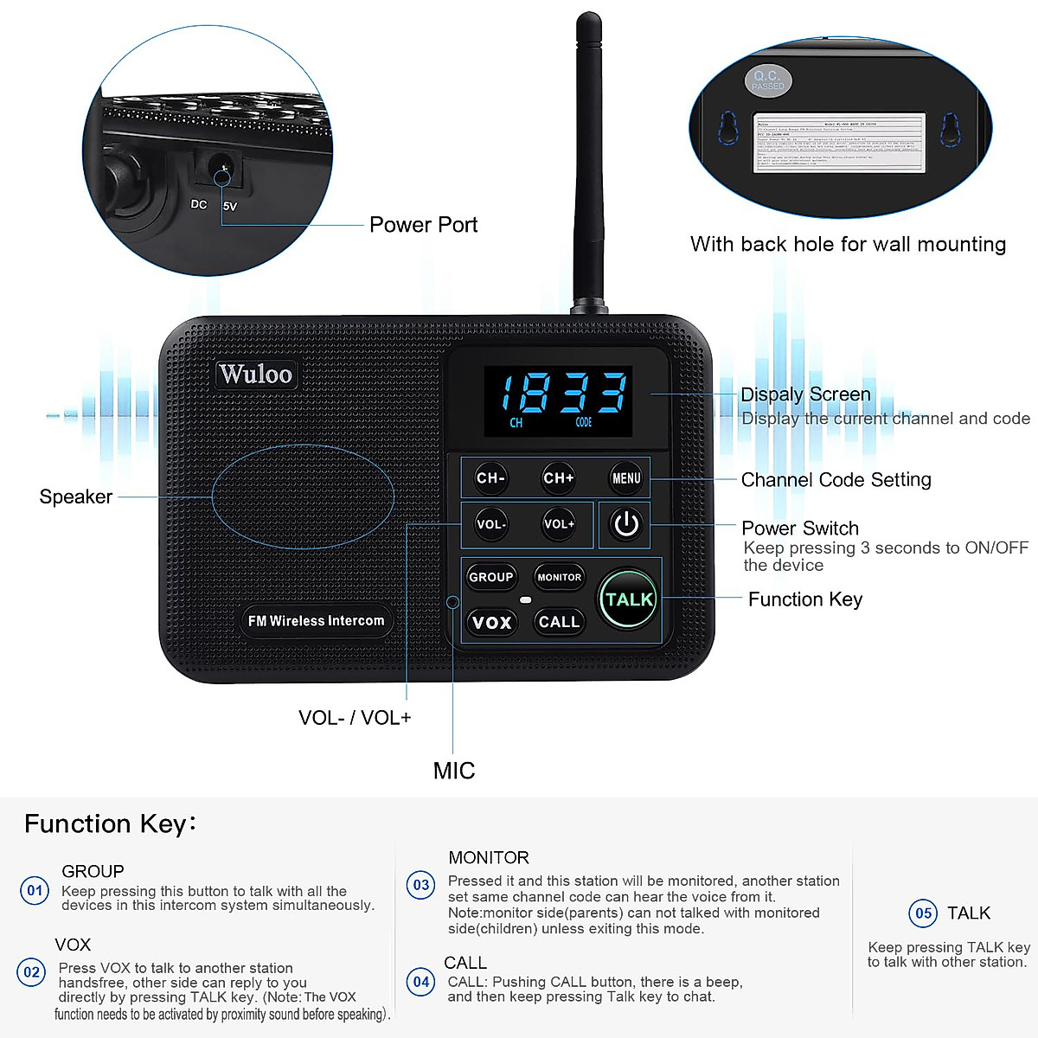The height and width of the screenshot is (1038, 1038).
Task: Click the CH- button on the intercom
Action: coord(490,478)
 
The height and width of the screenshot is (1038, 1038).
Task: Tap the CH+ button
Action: coord(559,478)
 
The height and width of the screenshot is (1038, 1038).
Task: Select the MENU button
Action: coord(626,478)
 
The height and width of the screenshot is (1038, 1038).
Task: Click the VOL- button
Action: coord(490,524)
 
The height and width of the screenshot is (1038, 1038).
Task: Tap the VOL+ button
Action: coord(559,524)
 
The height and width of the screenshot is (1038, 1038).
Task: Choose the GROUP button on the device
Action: coord(490,577)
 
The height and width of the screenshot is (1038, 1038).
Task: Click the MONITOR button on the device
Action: coord(559,577)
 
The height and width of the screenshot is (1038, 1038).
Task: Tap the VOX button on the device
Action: coord(491,622)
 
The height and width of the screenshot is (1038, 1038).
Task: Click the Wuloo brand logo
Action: coord(255,374)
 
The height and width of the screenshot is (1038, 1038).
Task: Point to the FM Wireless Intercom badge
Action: coord(316,621)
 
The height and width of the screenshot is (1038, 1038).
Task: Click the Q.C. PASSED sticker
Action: coord(767,80)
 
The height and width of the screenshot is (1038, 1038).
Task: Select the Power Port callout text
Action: coord(423,225)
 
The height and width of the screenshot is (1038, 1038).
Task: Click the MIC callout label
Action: coord(454,771)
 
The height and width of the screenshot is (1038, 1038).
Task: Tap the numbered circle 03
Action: coord(421,885)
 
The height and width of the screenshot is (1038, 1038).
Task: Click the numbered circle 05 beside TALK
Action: coord(923,913)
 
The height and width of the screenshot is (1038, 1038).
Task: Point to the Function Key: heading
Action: coord(110,823)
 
